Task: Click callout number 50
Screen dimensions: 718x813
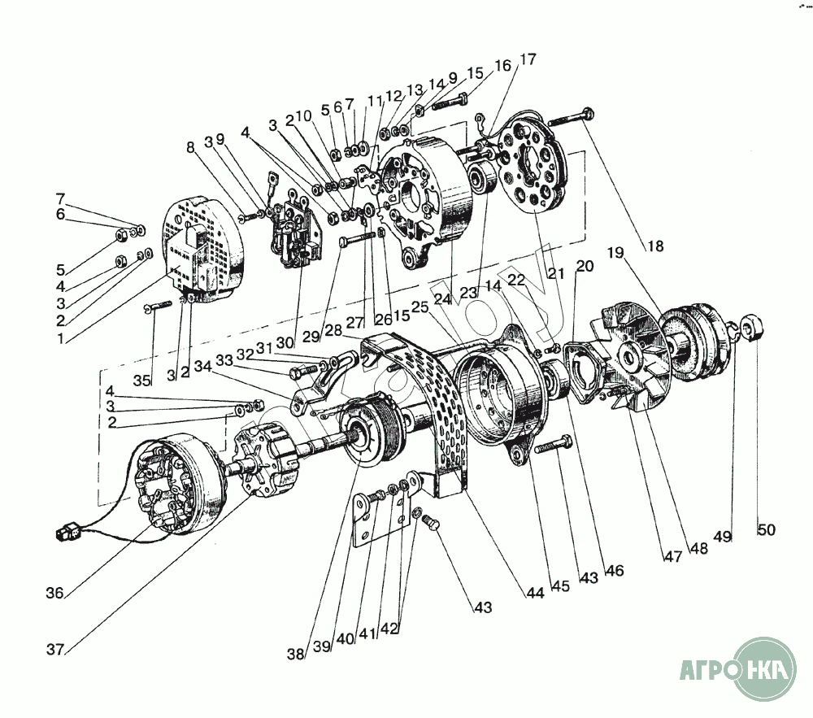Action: pos(766,530)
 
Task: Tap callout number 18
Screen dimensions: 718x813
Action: pos(654,246)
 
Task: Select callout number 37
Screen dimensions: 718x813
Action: pos(55,650)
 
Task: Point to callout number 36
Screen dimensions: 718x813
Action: pos(54,593)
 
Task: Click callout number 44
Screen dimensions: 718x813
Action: pos(534,594)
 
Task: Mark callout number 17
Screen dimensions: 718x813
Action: pos(528,59)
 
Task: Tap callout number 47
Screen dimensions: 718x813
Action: pos(672,557)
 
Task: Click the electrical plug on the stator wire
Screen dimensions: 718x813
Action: pos(62,534)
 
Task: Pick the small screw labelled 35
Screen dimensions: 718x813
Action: pos(157,307)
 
